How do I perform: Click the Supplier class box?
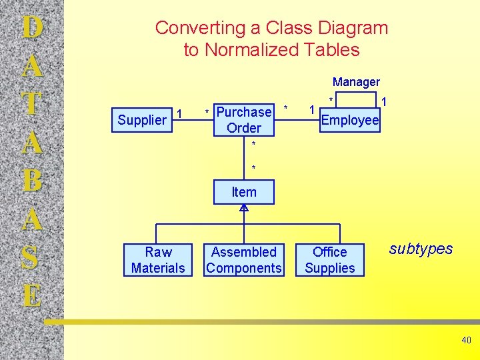pos(142,120)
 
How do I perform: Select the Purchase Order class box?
pos(244,120)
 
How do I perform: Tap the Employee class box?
pos(350,120)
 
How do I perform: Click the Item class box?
pos(244,192)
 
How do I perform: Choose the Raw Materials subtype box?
pos(158,260)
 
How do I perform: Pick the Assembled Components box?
pos(244,260)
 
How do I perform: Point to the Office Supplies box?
pos(330,260)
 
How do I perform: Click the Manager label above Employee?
pos(356,82)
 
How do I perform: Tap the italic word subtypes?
pos(420,249)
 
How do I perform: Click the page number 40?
pos(466,341)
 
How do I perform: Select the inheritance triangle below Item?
pos(244,209)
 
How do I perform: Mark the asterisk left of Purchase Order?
pos(207,111)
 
